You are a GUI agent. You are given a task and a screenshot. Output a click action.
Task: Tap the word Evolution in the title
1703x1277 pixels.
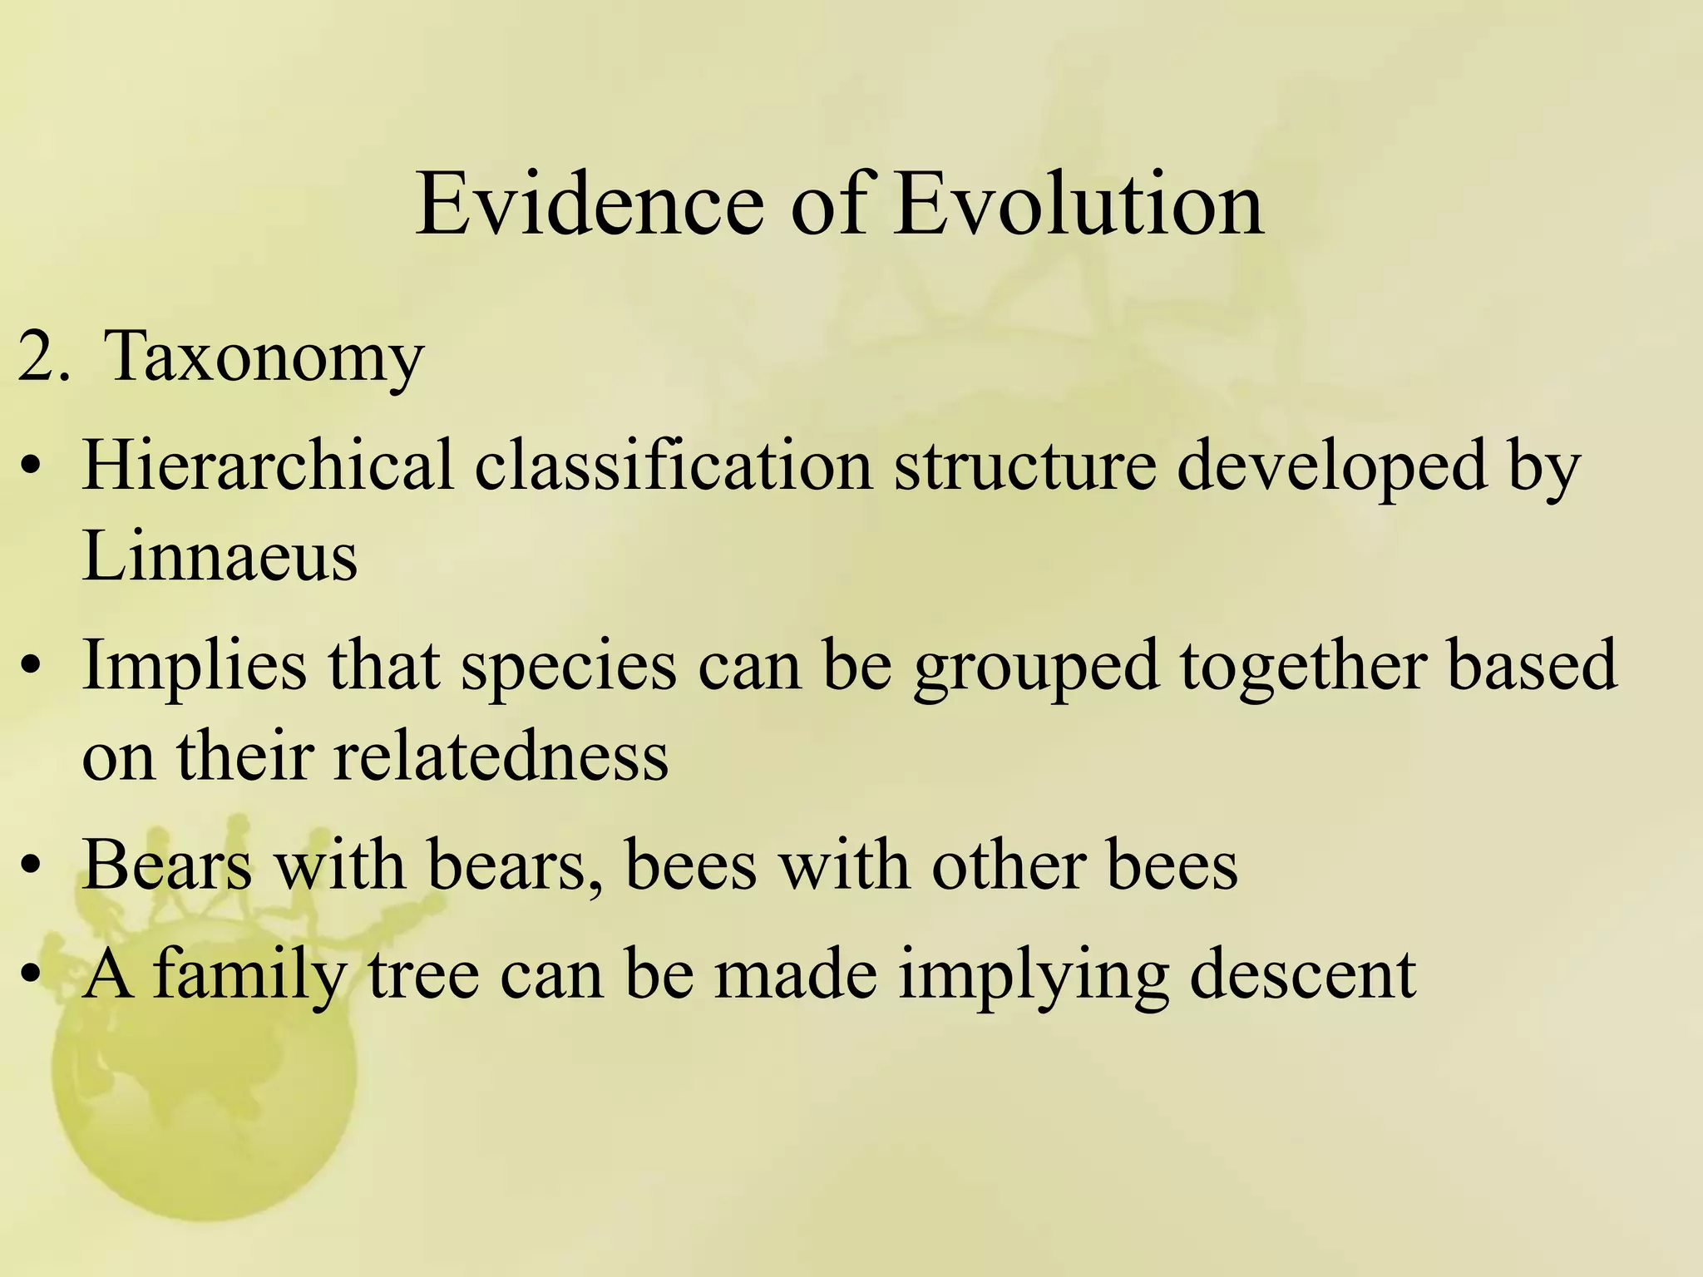point(1079,204)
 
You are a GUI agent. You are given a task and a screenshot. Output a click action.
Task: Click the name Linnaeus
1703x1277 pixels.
point(220,555)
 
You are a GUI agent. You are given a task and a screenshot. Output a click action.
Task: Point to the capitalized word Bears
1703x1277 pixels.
point(166,865)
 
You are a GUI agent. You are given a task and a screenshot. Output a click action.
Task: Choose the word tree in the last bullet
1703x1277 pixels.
point(423,974)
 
